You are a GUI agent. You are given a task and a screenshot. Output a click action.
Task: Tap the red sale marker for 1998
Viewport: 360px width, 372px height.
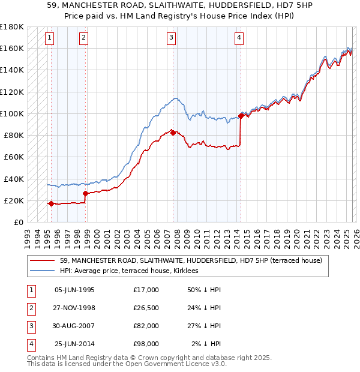(85, 193)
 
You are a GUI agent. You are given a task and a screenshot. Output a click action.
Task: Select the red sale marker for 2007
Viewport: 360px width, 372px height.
(173, 133)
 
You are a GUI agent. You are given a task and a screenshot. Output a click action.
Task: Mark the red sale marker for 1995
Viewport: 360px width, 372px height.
(51, 203)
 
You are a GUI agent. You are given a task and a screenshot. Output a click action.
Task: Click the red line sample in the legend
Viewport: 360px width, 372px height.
(43, 260)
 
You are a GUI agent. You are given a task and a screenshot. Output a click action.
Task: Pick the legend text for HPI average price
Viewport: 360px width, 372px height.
(133, 271)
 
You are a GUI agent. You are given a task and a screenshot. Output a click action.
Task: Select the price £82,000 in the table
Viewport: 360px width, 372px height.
(146, 326)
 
